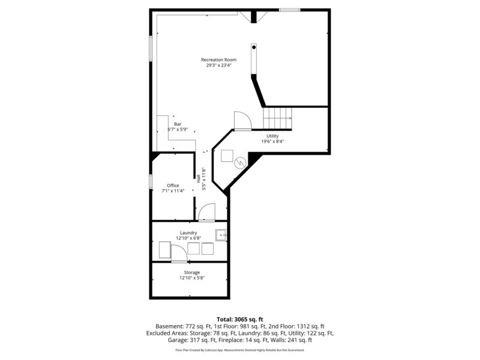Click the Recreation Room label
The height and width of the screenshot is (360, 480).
[218, 60]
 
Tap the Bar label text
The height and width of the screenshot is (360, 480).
[178, 124]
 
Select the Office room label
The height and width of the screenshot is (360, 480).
[173, 185]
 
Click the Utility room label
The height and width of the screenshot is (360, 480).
[272, 136]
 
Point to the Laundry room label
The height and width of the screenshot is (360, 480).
[188, 233]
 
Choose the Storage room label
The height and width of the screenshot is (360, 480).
[188, 272]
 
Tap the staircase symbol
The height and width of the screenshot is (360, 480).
[278, 116]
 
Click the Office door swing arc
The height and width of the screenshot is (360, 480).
[206, 211]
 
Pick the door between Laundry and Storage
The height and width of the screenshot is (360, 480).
[179, 255]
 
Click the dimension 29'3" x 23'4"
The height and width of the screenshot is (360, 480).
[218, 65]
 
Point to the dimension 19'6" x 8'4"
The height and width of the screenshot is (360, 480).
[272, 142]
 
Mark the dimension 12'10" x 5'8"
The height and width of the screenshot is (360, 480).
[188, 278]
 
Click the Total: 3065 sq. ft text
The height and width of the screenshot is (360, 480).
[239, 319]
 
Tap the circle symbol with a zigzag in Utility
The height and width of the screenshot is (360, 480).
[239, 161]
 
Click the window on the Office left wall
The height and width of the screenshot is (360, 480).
[150, 181]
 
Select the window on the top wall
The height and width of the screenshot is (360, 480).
[290, 10]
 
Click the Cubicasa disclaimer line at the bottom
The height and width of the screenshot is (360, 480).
[239, 350]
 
